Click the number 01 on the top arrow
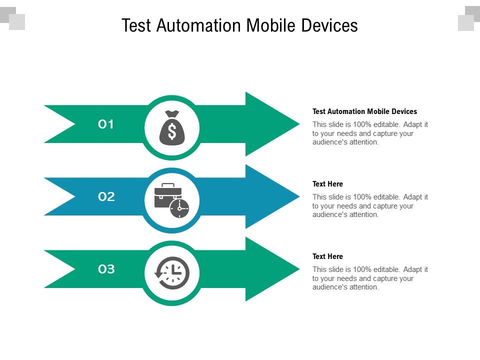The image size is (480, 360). tap(106, 124)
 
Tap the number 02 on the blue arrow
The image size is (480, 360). tap(106, 197)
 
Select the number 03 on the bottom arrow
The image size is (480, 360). tap(106, 269)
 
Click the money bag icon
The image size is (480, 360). tap(172, 128)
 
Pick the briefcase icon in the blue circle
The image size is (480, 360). tap(167, 195)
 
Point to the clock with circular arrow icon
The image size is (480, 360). tap(172, 273)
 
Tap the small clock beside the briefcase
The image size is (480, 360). tap(179, 208)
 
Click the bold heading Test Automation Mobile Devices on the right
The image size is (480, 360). tap(364, 111)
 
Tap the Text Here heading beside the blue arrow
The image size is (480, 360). tap(327, 184)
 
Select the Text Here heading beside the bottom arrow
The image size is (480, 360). tap(327, 256)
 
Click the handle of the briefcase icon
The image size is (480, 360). tap(167, 185)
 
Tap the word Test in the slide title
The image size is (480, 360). tap(136, 25)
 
